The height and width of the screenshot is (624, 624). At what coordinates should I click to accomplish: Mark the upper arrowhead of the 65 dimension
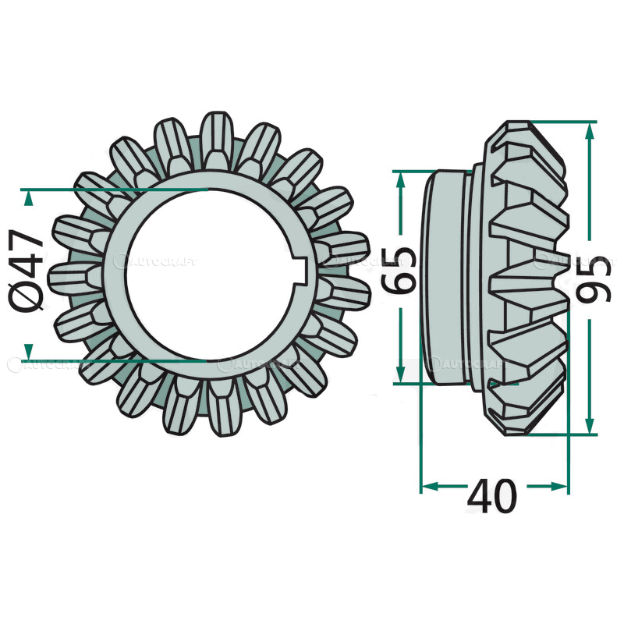(401, 179)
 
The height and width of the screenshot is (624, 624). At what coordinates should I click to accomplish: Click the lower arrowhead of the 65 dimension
(401, 374)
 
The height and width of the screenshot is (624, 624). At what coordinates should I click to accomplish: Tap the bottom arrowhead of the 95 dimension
(590, 425)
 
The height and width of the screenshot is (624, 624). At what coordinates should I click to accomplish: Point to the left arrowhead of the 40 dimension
(429, 486)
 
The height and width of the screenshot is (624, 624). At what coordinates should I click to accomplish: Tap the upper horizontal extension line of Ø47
(117, 189)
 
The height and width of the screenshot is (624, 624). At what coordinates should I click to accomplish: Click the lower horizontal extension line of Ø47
(117, 361)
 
